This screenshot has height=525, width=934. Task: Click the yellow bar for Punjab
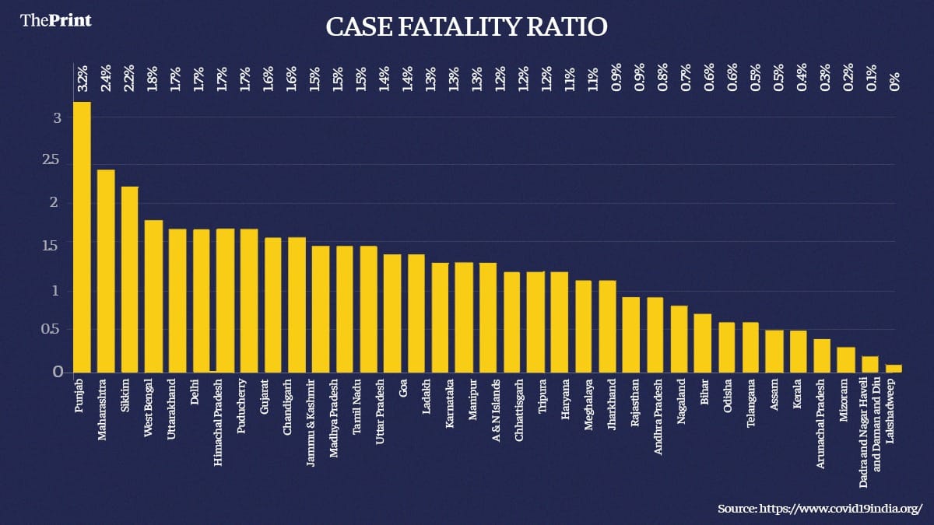(82, 237)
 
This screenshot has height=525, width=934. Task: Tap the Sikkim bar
(129, 279)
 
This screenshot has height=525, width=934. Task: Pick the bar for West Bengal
(153, 296)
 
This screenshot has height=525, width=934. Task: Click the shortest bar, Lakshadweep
(894, 369)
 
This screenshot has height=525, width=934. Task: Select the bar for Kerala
(799, 352)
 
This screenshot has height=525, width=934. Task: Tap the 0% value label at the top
(894, 79)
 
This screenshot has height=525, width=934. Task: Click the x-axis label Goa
(402, 388)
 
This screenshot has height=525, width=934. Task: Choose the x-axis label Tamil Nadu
(356, 401)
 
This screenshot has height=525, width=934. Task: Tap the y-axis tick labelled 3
(57, 117)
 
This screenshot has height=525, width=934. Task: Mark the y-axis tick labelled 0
(57, 373)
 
